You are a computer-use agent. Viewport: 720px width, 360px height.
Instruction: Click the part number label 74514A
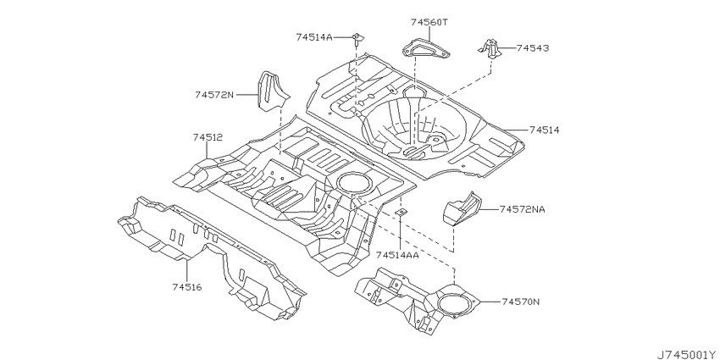pyautogui.click(x=313, y=37)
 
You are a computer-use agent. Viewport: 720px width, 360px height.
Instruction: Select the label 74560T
pyautogui.click(x=429, y=22)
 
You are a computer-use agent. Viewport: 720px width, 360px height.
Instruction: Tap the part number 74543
pyautogui.click(x=533, y=47)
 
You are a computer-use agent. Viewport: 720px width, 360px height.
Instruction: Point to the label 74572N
pyautogui.click(x=214, y=95)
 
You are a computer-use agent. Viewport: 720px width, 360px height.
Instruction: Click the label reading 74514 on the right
pyautogui.click(x=544, y=130)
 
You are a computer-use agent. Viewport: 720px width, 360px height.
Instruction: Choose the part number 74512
pyautogui.click(x=208, y=137)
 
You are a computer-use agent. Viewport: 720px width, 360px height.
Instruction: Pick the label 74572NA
pyautogui.click(x=523, y=209)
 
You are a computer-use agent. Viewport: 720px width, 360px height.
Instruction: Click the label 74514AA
pyautogui.click(x=397, y=255)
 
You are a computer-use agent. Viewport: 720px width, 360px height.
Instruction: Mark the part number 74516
pyautogui.click(x=187, y=287)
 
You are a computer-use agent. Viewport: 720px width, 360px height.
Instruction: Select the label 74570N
pyautogui.click(x=521, y=302)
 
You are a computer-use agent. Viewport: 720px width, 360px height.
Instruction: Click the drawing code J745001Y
pyautogui.click(x=688, y=354)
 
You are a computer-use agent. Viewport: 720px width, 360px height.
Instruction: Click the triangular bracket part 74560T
pyautogui.click(x=426, y=48)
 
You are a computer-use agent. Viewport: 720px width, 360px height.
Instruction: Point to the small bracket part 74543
pyautogui.click(x=490, y=48)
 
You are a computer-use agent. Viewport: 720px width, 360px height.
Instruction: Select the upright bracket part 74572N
pyautogui.click(x=272, y=91)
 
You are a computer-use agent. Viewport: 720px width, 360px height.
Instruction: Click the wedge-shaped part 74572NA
pyautogui.click(x=462, y=209)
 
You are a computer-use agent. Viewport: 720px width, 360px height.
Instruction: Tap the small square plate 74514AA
pyautogui.click(x=401, y=212)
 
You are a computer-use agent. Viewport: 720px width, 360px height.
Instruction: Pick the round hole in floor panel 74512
pyautogui.click(x=355, y=182)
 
